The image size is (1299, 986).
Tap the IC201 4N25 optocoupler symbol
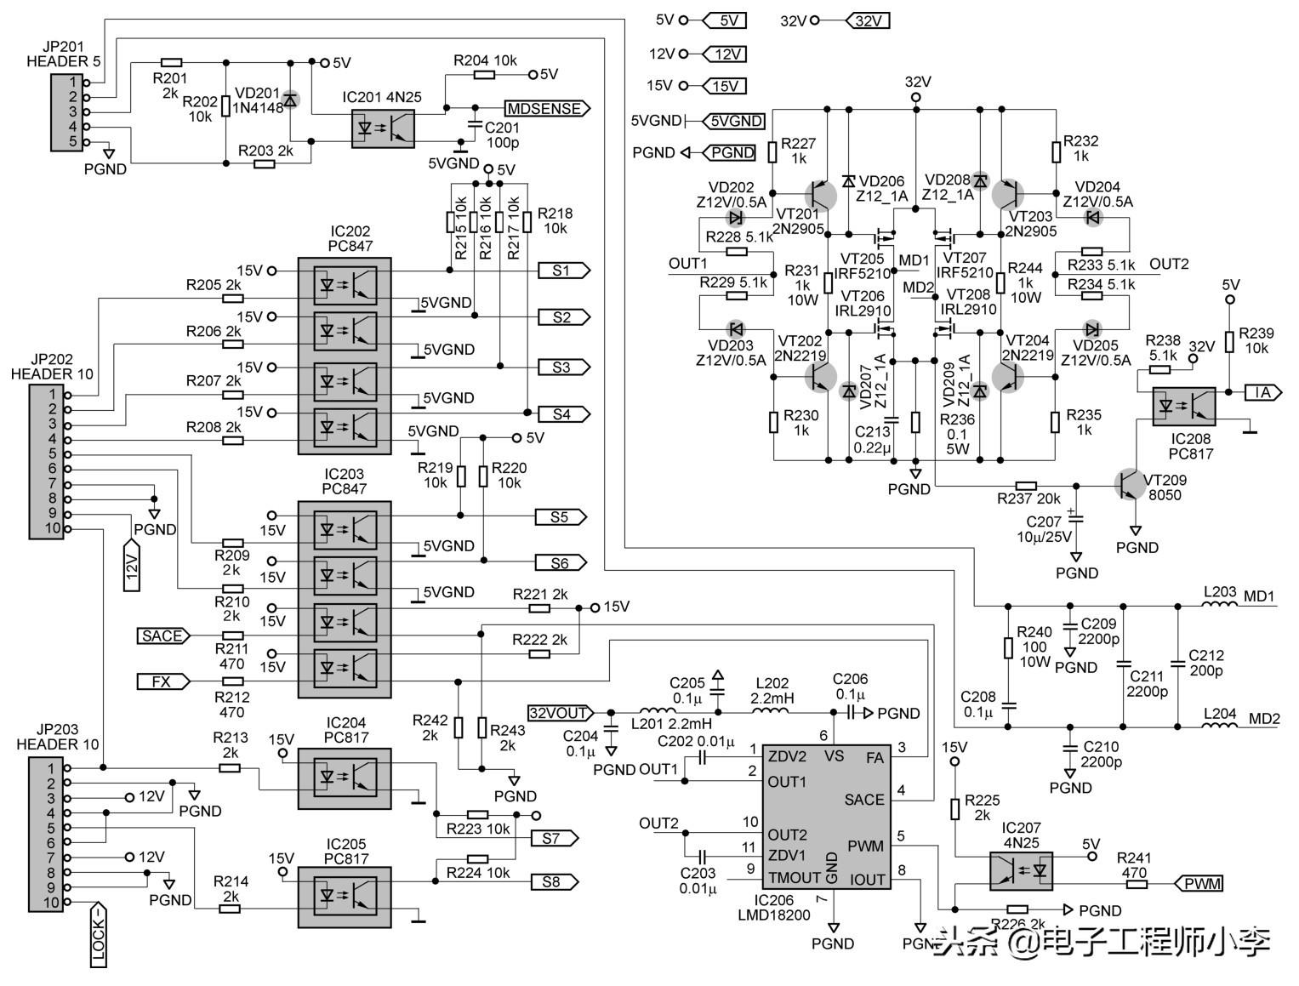pyautogui.click(x=383, y=128)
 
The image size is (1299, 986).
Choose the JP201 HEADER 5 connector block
pyautogui.click(x=66, y=112)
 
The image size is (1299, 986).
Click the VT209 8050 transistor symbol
pyautogui.click(x=1130, y=483)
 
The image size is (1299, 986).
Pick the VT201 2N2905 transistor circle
pyautogui.click(x=821, y=196)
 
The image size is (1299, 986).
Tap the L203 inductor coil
pyautogui.click(x=1220, y=605)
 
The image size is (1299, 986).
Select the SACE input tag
pyautogui.click(x=162, y=635)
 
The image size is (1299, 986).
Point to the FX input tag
pyautogui.click(x=162, y=681)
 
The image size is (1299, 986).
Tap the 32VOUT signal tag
pyautogui.click(x=560, y=713)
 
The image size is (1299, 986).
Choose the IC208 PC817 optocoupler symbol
pyautogui.click(x=1183, y=406)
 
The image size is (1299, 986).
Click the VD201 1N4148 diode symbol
pyautogui.click(x=290, y=100)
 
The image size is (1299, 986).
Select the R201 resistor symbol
pyautogui.click(x=171, y=62)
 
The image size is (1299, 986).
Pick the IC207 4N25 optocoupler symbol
pyautogui.click(x=1020, y=870)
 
